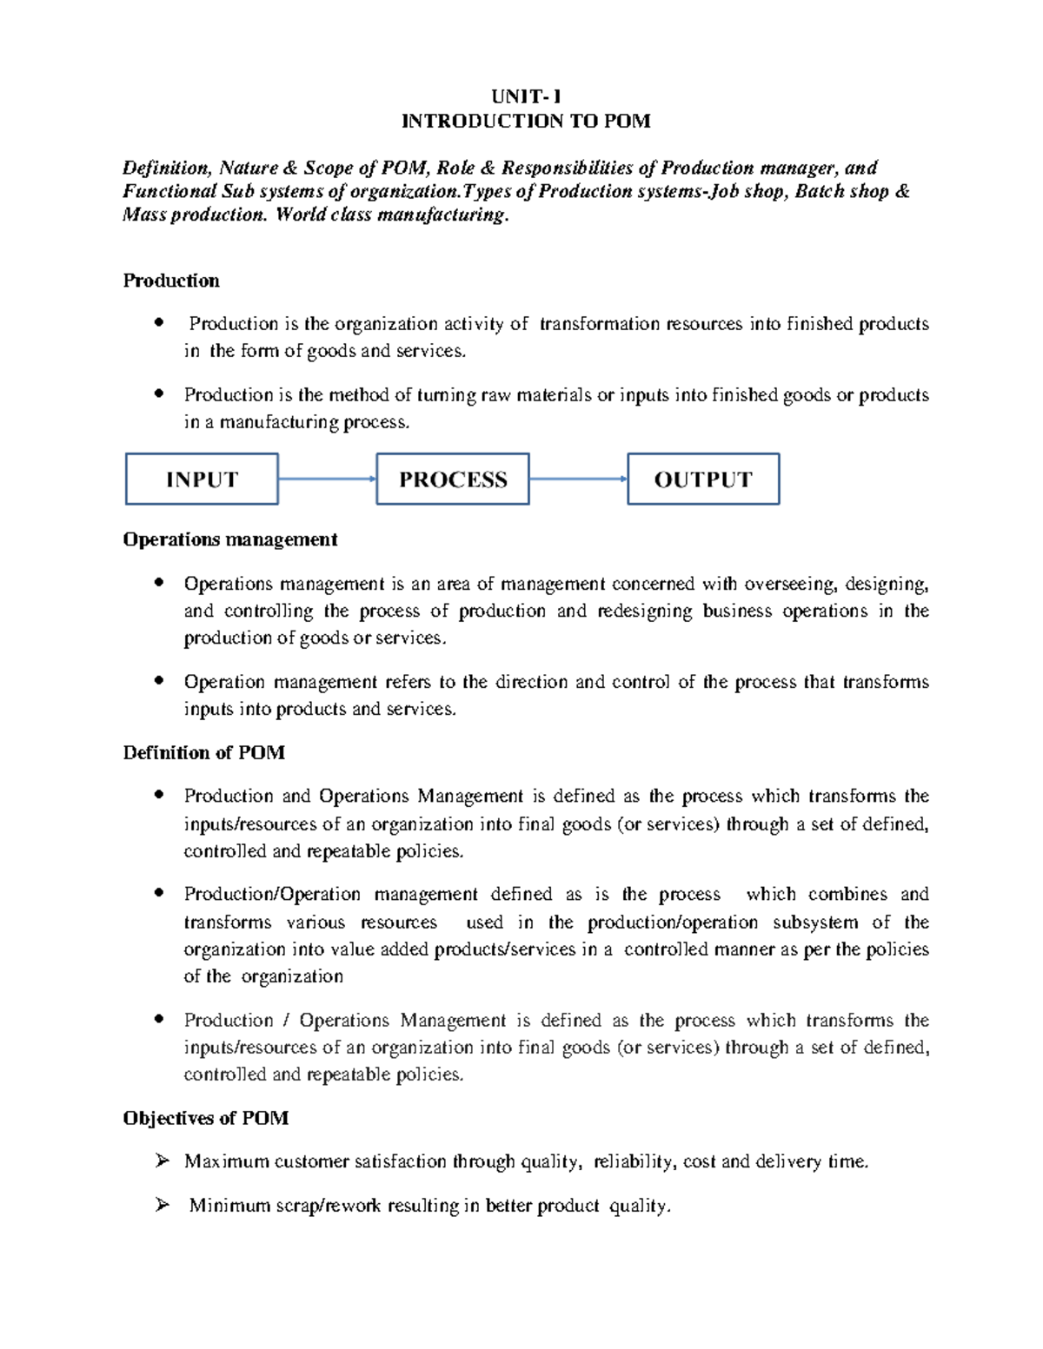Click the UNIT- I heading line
[526, 97]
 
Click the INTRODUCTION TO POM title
[526, 121]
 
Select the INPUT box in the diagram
[202, 479]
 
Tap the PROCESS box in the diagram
[452, 479]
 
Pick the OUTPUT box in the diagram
[703, 479]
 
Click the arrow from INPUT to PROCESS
[327, 479]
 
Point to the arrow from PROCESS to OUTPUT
[578, 479]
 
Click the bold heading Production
[171, 281]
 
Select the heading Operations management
[230, 539]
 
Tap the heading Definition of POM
[204, 752]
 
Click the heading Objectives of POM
[206, 1118]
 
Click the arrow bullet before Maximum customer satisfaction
[161, 1161]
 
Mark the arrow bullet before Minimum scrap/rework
[161, 1205]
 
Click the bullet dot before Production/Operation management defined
[158, 893]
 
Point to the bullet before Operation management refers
[158, 681]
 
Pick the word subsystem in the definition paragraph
[815, 922]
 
